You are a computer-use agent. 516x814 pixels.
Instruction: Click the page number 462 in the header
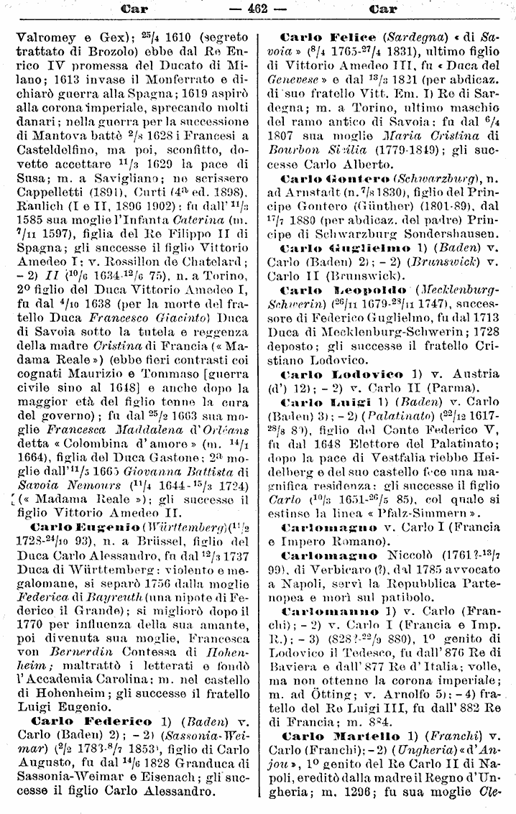coord(257,9)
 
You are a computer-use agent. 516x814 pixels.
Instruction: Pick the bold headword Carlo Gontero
coord(336,177)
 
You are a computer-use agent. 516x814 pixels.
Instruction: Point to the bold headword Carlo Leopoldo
coord(334,290)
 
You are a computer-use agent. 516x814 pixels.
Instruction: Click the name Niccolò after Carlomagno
coord(410,555)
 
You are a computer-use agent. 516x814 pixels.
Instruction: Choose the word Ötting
coord(329,697)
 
